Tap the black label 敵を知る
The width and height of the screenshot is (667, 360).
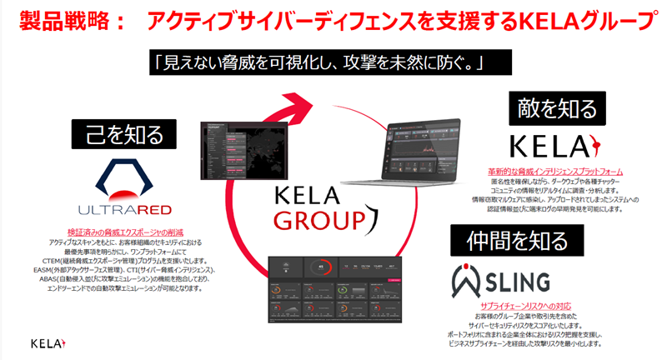(557, 109)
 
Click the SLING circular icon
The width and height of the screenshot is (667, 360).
(472, 277)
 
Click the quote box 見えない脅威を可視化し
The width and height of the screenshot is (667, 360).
(319, 62)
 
